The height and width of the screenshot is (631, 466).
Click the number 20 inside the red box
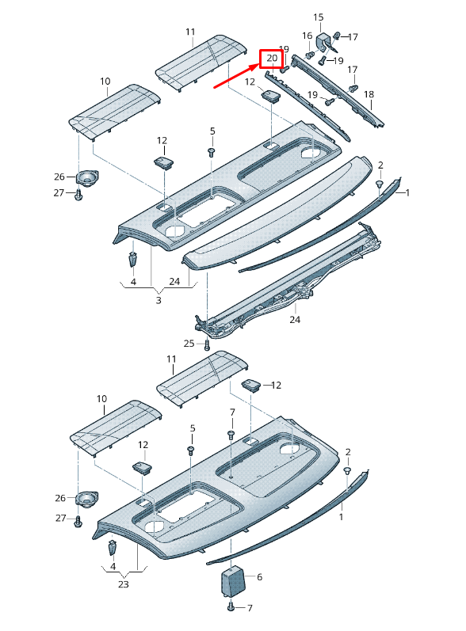[271, 59]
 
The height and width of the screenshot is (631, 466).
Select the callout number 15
[319, 17]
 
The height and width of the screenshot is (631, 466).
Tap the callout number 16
[307, 36]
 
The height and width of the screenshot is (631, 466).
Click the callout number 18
[369, 95]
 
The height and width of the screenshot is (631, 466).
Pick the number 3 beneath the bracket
[158, 301]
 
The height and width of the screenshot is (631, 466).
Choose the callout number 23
[123, 585]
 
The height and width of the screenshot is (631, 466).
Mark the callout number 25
[189, 343]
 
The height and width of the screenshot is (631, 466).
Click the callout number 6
[258, 578]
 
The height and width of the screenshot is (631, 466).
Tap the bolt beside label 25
[206, 344]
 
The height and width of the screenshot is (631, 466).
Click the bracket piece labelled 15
[325, 41]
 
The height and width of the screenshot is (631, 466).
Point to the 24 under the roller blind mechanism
[295, 320]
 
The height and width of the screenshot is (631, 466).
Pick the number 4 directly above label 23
[113, 567]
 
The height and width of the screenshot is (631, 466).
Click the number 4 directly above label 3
[132, 281]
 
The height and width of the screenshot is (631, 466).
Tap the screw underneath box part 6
[231, 607]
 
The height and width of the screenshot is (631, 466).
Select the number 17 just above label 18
[352, 70]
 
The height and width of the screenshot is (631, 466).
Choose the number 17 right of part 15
[353, 36]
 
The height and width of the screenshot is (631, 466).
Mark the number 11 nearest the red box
[190, 32]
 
